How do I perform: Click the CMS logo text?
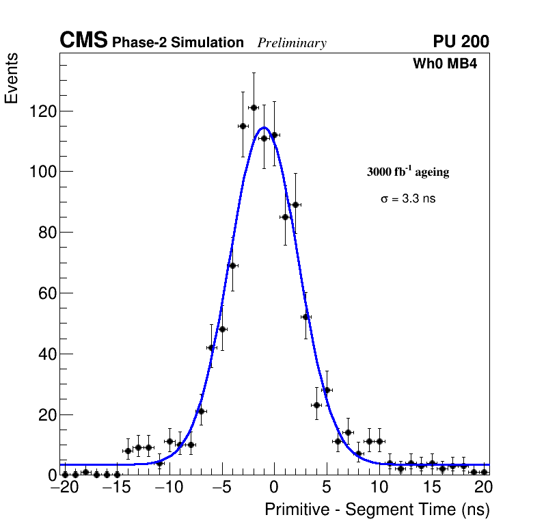point(83,41)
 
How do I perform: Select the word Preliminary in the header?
point(292,43)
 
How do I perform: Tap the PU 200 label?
point(461,42)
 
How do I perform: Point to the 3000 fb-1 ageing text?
point(408,172)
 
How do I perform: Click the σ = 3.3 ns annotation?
point(408,199)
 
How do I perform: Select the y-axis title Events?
point(12,80)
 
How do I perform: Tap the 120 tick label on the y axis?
point(42,111)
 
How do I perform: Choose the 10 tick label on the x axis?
point(379,488)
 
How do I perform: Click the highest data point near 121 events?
point(254,107)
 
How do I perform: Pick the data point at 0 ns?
point(274,135)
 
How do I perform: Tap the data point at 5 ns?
point(327,390)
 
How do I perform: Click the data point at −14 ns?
point(128,451)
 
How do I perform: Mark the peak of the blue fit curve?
point(264,127)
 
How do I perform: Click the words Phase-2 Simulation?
point(178,43)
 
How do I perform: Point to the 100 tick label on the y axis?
point(42,172)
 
